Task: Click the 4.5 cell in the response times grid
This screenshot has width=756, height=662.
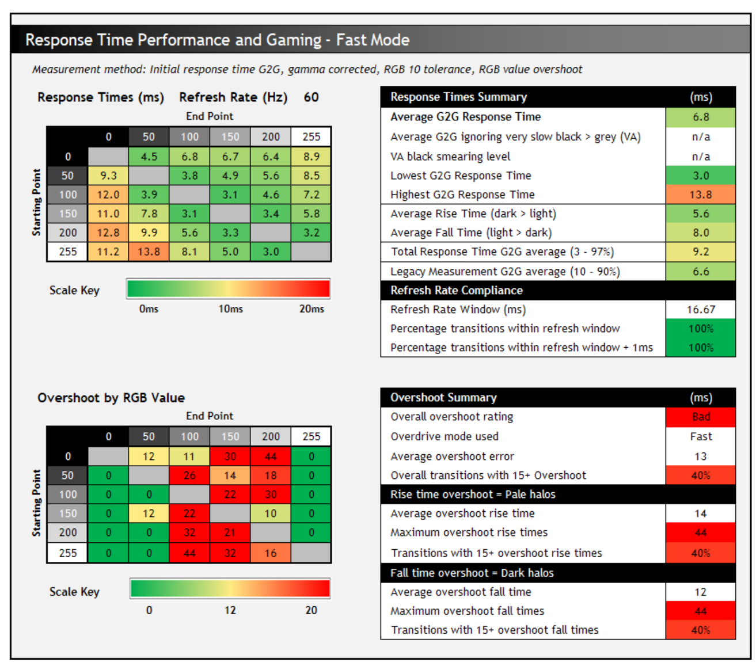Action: point(149,157)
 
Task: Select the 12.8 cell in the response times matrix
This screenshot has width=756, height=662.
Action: point(108,233)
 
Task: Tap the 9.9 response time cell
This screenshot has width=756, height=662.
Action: point(149,233)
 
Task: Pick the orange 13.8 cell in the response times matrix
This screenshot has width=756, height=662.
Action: point(149,252)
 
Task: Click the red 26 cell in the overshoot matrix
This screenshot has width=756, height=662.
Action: point(189,475)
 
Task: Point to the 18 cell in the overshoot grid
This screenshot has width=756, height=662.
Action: point(271,475)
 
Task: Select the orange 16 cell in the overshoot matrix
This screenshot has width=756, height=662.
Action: point(271,553)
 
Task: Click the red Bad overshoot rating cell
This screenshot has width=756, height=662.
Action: point(701,417)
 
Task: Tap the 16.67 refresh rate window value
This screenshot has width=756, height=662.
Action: point(701,310)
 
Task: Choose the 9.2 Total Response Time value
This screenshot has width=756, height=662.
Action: point(701,252)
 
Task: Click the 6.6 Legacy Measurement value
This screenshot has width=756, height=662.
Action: point(701,272)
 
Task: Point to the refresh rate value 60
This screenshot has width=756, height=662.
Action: point(311,97)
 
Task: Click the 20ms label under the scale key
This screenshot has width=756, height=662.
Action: point(311,309)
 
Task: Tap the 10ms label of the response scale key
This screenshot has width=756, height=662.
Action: point(230,309)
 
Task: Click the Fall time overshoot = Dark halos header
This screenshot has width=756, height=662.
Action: point(472,573)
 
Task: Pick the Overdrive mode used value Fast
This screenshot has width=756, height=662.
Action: point(701,437)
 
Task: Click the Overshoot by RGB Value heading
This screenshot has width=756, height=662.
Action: point(111,398)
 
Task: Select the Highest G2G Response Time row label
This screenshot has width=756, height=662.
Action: point(462,195)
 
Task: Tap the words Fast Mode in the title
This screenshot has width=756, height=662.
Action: point(373,40)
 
